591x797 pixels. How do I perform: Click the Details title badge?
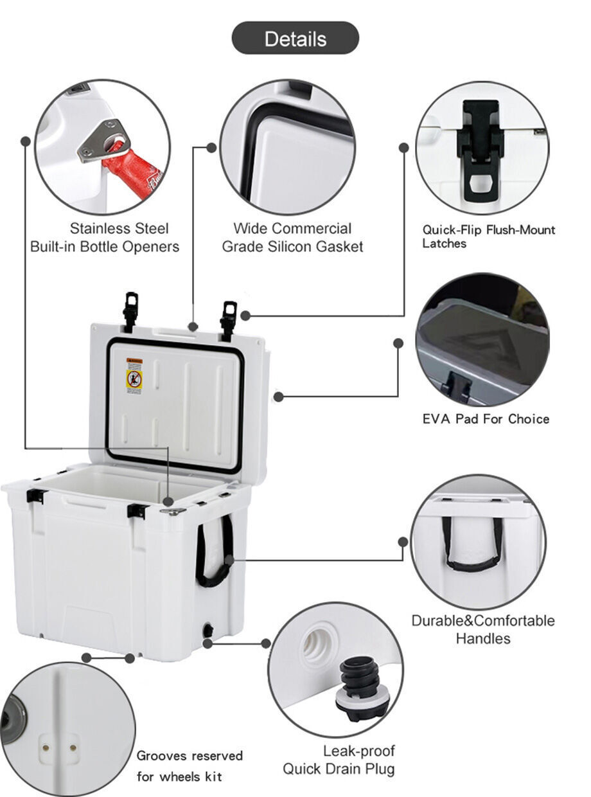click(295, 39)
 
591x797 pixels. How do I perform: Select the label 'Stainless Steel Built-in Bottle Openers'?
click(105, 237)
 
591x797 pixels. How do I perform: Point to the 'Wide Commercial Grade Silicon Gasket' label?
click(292, 237)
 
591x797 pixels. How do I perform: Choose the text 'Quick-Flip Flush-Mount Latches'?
click(488, 237)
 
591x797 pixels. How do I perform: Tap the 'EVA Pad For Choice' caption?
click(486, 419)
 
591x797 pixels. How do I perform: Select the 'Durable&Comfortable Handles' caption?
click(482, 629)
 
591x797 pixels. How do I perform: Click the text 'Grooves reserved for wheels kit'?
click(189, 766)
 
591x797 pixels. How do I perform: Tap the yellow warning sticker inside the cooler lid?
click(134, 373)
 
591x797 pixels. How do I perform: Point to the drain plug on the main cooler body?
click(207, 631)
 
